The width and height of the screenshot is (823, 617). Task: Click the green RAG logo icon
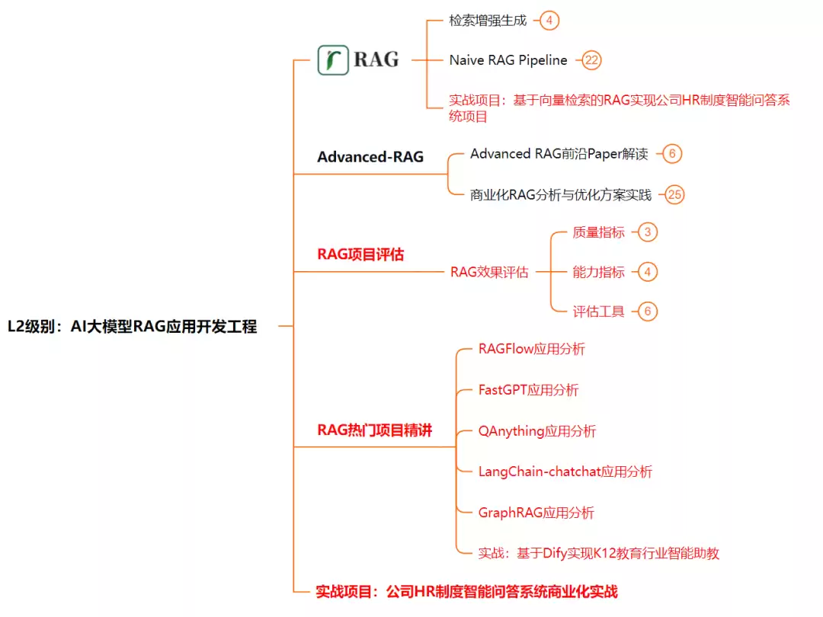[333, 60]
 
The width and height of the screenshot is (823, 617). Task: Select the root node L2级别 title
[133, 326]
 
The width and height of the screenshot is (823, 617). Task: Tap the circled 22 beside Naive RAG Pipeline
[591, 60]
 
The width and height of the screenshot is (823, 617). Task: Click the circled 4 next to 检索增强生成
[549, 21]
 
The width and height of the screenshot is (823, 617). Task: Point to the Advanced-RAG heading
[370, 157]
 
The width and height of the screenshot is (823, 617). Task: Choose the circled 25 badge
[674, 195]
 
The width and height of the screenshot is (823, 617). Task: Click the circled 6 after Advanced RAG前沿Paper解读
[672, 154]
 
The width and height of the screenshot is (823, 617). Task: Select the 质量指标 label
[598, 232]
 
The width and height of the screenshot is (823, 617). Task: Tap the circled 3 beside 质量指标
[648, 232]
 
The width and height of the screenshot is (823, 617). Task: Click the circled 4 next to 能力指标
[648, 272]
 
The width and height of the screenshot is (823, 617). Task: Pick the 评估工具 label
[598, 312]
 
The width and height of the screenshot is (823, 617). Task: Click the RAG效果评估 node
[489, 272]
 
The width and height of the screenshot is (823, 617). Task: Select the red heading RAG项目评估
[360, 254]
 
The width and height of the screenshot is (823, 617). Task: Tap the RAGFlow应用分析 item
[532, 349]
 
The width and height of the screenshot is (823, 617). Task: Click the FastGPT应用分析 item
[529, 390]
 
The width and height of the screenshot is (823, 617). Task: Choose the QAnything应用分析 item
[537, 431]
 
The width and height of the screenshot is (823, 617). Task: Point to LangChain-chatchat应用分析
[565, 472]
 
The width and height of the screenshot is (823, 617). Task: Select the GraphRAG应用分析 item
[536, 513]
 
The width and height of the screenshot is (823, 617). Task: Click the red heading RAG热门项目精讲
[375, 430]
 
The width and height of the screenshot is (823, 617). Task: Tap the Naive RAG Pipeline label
[508, 60]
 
